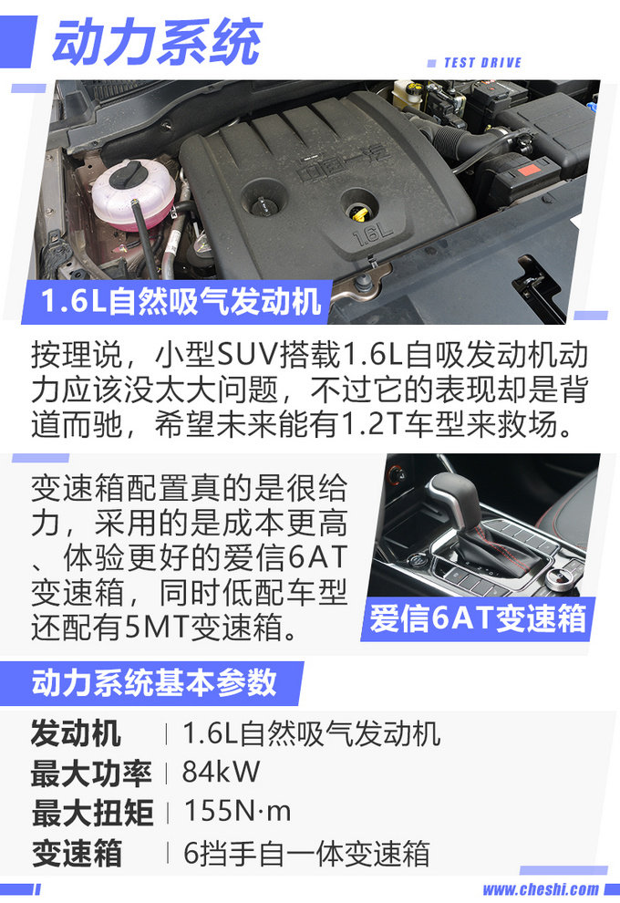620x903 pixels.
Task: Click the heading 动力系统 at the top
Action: tap(157, 41)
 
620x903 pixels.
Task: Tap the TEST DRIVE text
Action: tap(482, 63)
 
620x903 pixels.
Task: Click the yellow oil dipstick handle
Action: tap(358, 216)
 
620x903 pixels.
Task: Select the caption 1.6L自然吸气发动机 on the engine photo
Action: tap(181, 301)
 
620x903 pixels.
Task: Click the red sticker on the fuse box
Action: tap(529, 171)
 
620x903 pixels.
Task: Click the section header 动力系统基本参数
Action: tap(154, 683)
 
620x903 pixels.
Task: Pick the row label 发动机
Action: tap(76, 734)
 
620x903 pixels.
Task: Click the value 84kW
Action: tap(221, 772)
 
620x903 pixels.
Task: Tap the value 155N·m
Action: tap(237, 811)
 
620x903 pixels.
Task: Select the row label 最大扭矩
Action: tap(92, 812)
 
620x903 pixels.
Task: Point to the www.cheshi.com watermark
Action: tap(541, 889)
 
